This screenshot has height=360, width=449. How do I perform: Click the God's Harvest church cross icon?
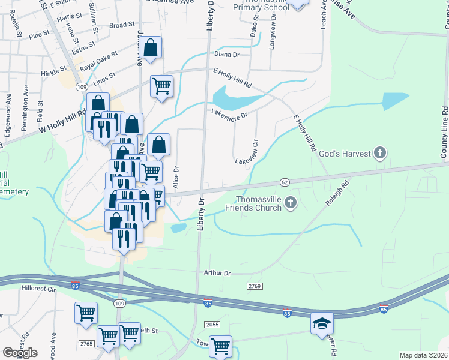pos(379,154)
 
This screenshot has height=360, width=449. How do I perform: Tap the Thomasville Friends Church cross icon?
pos(291,202)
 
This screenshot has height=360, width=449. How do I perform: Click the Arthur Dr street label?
pos(217,273)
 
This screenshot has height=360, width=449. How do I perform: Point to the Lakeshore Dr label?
pos(229,114)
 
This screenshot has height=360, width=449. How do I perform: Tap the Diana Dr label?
pos(227,54)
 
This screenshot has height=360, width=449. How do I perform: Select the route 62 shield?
pos(285,181)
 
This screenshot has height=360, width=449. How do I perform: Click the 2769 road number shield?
pos(254,287)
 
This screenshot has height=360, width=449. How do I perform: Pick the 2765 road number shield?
pos(86,343)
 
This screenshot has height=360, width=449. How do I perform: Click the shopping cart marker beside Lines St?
pos(161,87)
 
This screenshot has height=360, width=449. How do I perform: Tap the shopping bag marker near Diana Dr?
pos(151,47)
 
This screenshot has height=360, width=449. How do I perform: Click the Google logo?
pos(20,353)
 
